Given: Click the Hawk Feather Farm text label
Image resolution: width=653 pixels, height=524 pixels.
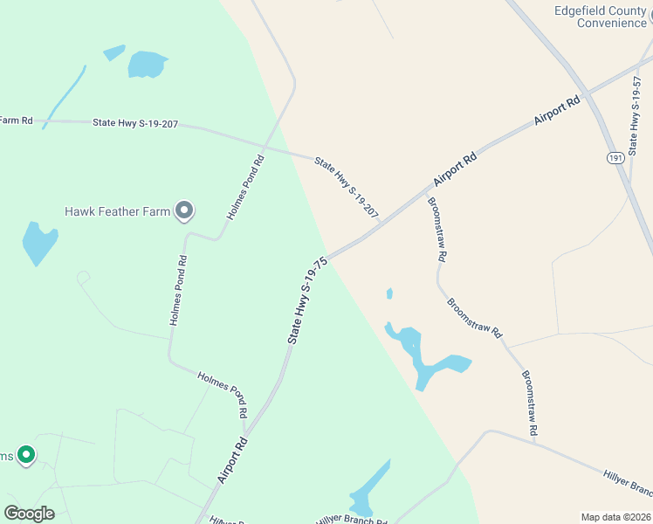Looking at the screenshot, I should coord(117,211).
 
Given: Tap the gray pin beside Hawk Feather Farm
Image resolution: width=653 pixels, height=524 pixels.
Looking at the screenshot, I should coord(184,210).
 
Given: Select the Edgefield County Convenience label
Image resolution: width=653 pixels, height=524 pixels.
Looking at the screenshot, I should coord(601,17).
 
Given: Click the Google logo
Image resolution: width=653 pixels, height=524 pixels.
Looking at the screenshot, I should coord(29,514).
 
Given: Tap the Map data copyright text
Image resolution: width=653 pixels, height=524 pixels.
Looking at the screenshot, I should coord(615,517).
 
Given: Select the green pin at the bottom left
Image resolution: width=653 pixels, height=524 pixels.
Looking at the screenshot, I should coord(26,454).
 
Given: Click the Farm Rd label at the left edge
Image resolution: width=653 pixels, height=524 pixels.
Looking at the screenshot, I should coord(16,121).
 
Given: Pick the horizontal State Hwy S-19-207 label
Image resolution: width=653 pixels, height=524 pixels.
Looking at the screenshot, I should coord(135,124).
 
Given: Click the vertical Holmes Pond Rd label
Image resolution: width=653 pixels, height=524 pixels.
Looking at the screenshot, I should coord(177,291).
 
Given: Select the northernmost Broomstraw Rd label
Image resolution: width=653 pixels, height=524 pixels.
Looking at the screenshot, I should coord(436,230).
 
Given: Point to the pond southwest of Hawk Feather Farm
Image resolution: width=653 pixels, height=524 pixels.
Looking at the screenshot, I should coord(38,243).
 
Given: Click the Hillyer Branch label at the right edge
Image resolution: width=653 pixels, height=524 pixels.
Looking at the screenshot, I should coord(627,481).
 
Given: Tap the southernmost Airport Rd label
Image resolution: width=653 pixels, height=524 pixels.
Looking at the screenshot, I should coord(233,460).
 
